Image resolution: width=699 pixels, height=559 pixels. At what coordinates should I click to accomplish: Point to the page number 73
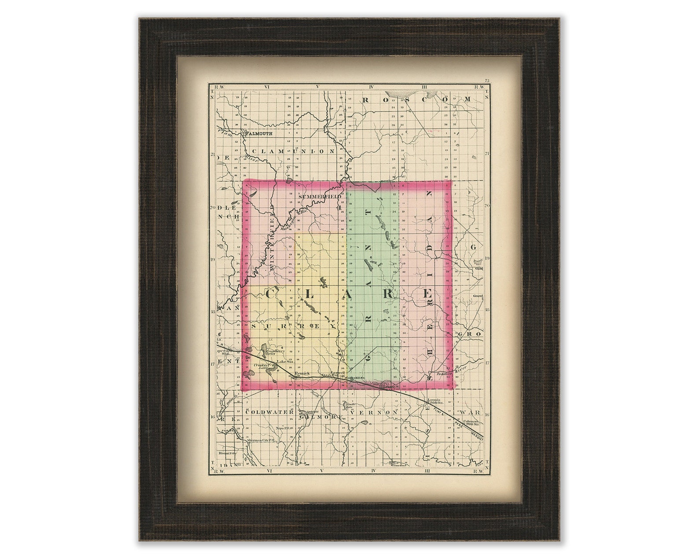[486, 81]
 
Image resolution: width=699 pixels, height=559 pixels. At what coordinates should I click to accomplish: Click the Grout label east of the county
[478, 296]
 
